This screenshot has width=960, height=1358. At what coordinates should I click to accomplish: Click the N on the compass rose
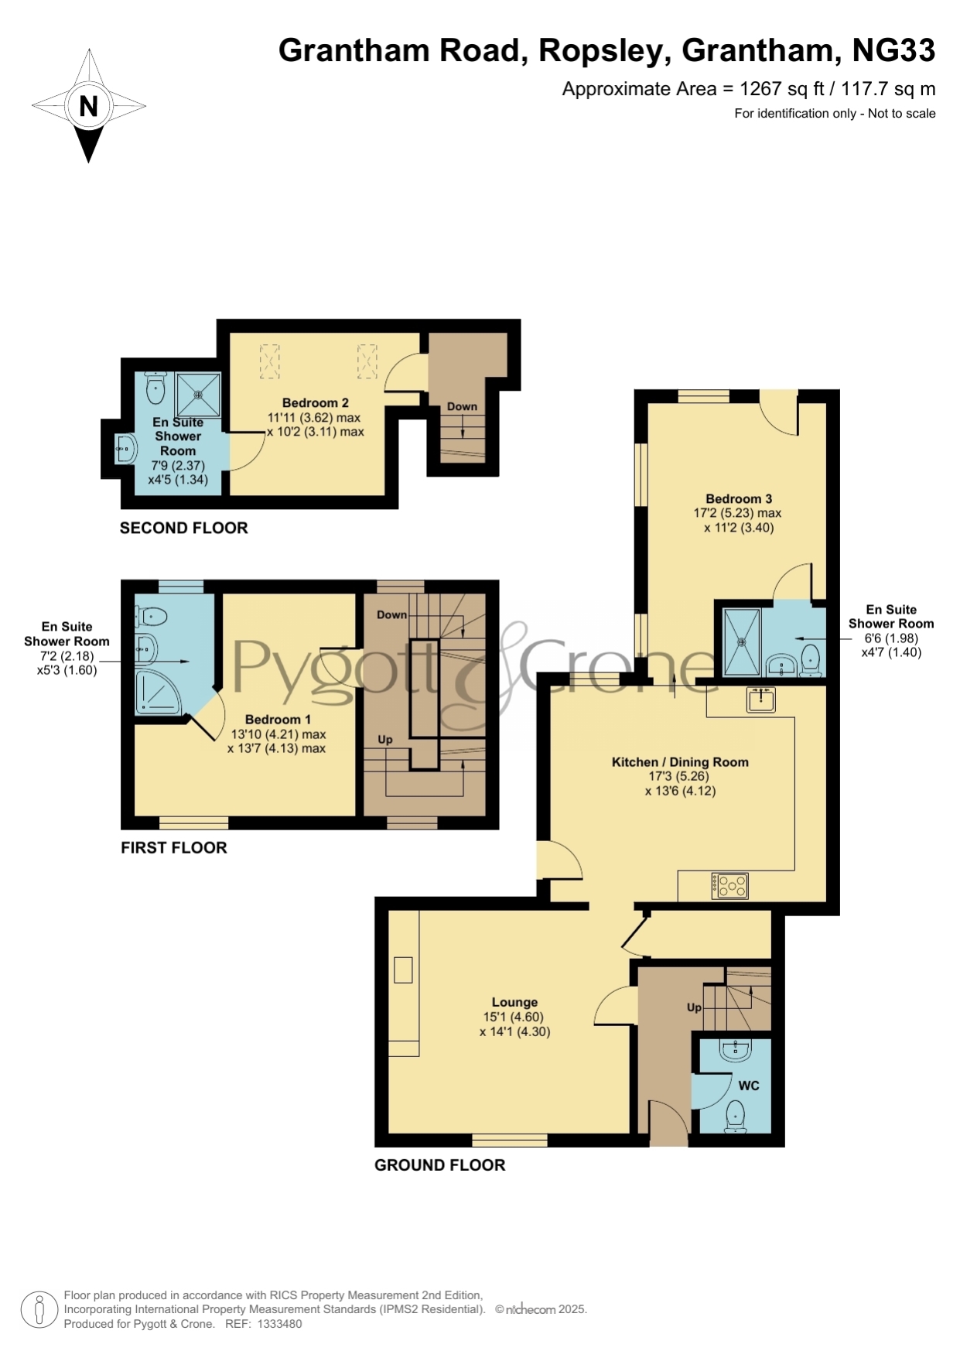tap(88, 106)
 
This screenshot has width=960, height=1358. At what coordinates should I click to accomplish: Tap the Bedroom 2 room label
tap(315, 402)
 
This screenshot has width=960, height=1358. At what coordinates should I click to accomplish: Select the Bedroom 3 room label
tap(739, 498)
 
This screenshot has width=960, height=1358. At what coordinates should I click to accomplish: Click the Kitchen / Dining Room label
tap(680, 762)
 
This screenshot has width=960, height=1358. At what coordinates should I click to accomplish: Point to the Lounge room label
tap(514, 1002)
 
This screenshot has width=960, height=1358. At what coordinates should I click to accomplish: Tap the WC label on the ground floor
tap(749, 1086)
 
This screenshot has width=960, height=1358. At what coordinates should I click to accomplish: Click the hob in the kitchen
tap(730, 886)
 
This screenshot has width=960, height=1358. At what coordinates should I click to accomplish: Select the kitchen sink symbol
tap(761, 700)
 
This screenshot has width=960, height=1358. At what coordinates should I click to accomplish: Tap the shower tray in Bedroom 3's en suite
tap(742, 642)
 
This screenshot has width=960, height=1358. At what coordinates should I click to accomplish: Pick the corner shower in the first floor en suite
tap(158, 693)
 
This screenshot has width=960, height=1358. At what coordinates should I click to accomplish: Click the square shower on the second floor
tap(199, 395)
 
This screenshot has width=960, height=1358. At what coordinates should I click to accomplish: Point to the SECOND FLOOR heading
tap(184, 528)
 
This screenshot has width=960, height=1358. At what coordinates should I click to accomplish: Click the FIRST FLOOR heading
tap(174, 847)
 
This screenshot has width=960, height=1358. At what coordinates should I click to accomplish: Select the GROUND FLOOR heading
tap(440, 1165)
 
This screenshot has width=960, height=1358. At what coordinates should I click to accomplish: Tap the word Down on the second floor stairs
tap(462, 406)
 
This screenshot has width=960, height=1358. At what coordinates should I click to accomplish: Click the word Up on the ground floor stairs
tap(694, 1007)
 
